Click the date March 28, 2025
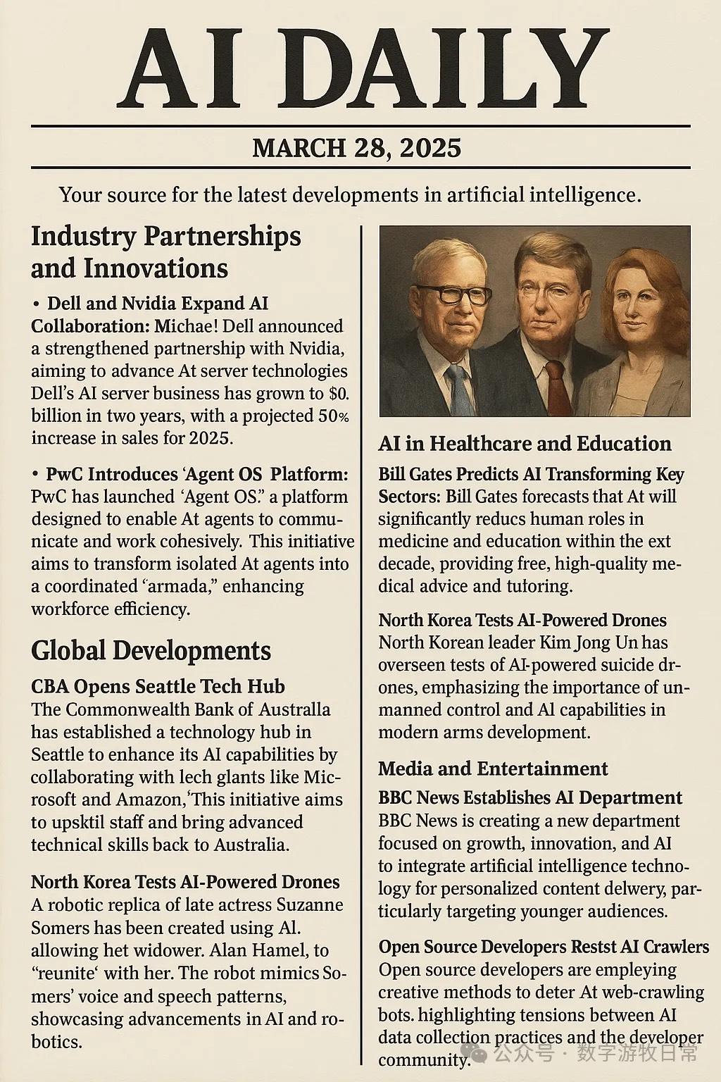[x=356, y=148]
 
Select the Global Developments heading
[x=151, y=650]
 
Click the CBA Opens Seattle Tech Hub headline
[x=158, y=686]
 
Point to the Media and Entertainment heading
[x=493, y=768]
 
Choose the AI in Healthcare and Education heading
[x=525, y=443]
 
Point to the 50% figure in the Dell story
[x=332, y=416]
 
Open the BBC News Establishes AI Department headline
[x=529, y=797]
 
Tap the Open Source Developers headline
[x=543, y=946]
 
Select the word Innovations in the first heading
[x=155, y=268]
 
